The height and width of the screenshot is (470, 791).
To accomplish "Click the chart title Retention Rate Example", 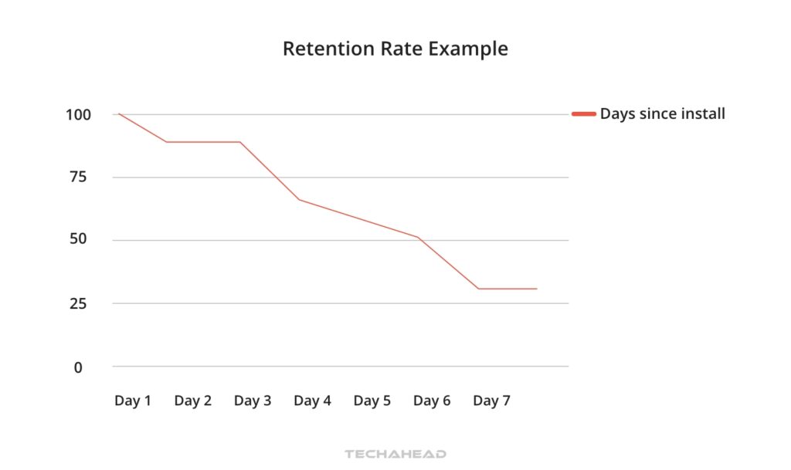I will click(x=395, y=49).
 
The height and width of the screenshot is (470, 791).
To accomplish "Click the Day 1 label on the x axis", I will click(x=133, y=401).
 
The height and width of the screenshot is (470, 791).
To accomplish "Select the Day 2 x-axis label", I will click(x=192, y=401).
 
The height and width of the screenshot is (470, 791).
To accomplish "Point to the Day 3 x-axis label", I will click(x=253, y=401).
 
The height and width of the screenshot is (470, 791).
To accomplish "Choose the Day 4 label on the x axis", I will click(x=312, y=401).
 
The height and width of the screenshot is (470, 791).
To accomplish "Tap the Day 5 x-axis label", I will click(x=372, y=401).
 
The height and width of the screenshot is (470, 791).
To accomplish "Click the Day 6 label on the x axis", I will click(x=432, y=401).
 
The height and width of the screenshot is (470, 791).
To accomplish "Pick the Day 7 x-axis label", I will click(x=491, y=401).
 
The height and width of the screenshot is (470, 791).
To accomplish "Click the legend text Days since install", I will click(x=662, y=114).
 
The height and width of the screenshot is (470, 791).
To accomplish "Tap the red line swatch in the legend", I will click(x=583, y=114).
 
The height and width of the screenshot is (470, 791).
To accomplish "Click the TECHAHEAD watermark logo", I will click(x=395, y=455).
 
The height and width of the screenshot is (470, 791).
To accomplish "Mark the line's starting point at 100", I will click(x=118, y=114).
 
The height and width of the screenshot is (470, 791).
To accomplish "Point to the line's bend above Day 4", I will click(x=300, y=200).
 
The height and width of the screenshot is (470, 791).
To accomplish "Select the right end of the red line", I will click(x=536, y=289).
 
